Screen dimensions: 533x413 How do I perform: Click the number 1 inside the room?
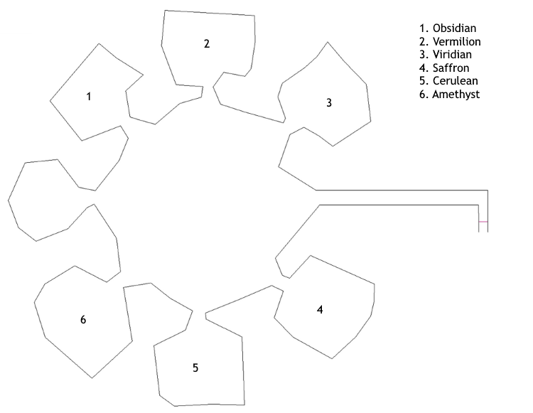point(89,97)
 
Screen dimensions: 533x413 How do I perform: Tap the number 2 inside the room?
point(207,44)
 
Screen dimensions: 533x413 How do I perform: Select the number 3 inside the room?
point(329,102)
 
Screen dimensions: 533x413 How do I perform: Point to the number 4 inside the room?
point(320,310)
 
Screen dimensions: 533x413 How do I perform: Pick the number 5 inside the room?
point(195,368)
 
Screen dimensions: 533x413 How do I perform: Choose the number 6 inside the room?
point(83,319)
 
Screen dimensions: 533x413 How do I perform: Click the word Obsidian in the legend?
point(454,28)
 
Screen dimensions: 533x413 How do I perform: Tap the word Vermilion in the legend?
point(456,41)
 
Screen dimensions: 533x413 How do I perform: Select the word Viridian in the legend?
point(452,55)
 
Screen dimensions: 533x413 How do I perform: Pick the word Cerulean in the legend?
point(455,81)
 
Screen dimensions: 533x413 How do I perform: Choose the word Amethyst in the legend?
point(456,94)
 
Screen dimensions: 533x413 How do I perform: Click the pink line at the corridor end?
point(483,222)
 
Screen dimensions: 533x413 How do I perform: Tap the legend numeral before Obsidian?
point(424,28)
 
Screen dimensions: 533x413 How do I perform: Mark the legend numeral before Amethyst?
point(424,94)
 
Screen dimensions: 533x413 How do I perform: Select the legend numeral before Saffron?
point(424,68)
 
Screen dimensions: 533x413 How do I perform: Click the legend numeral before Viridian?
point(424,55)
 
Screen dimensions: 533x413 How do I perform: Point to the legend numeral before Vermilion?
point(424,41)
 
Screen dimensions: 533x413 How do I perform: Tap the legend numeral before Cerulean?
point(424,81)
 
